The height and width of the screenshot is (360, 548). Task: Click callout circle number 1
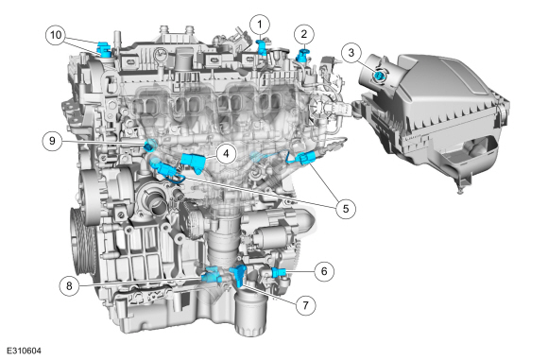[x=260, y=25]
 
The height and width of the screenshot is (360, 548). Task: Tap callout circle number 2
[x=303, y=34]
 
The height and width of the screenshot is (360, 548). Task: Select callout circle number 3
[x=351, y=53]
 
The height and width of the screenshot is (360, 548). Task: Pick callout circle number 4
[x=226, y=153]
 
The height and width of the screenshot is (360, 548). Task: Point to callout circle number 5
[x=346, y=209]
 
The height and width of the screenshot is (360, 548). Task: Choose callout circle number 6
[x=324, y=271]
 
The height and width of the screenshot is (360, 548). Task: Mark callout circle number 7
[x=305, y=305]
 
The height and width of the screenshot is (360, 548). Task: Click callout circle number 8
[x=69, y=285]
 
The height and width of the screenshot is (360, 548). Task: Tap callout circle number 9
[x=52, y=141]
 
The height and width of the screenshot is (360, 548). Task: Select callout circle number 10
[x=56, y=35]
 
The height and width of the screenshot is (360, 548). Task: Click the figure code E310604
[x=24, y=351]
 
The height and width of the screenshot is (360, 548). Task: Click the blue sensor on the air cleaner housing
[x=379, y=76]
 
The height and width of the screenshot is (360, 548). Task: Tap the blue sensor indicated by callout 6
[x=280, y=271]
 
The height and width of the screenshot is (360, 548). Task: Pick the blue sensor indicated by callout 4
[x=193, y=163]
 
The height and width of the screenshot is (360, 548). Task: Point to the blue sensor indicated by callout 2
[x=301, y=56]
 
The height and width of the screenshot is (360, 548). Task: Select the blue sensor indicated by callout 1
[x=262, y=48]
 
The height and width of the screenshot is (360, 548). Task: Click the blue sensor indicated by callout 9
[x=150, y=145]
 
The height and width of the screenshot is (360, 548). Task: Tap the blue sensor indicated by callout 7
[x=239, y=275]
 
